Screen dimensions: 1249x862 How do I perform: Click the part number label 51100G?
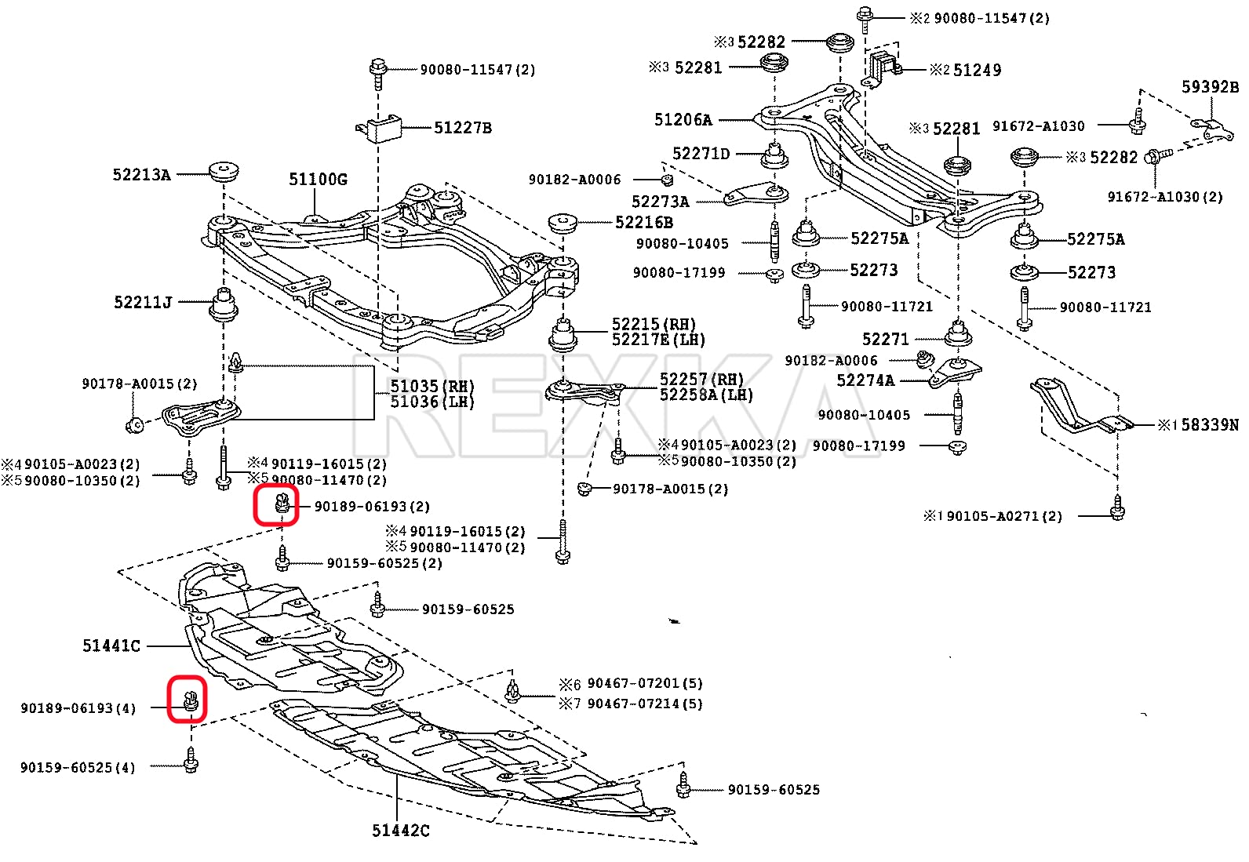click(x=318, y=180)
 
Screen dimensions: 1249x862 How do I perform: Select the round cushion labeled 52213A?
click(x=224, y=171)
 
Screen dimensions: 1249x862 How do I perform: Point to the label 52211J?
click(x=143, y=302)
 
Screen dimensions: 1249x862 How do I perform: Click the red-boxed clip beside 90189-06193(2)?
click(x=282, y=503)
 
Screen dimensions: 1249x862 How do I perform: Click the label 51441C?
click(x=111, y=646)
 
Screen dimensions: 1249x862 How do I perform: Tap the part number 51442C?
click(x=401, y=831)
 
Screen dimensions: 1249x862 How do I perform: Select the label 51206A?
click(x=683, y=120)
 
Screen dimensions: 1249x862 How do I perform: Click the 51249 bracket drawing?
click(x=883, y=67)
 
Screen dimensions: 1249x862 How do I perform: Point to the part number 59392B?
click(x=1211, y=87)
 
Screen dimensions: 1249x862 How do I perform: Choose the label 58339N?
click(x=1210, y=425)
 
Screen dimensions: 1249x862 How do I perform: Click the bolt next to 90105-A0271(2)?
click(x=1117, y=508)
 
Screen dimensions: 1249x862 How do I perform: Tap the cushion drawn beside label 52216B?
click(x=563, y=224)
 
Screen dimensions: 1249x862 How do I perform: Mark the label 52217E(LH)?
click(x=658, y=340)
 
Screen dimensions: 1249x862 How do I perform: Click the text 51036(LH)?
click(x=432, y=402)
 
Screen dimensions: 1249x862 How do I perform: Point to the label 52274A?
click(x=865, y=380)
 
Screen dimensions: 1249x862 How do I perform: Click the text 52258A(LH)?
click(x=706, y=395)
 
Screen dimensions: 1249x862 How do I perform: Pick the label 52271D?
click(x=701, y=153)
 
